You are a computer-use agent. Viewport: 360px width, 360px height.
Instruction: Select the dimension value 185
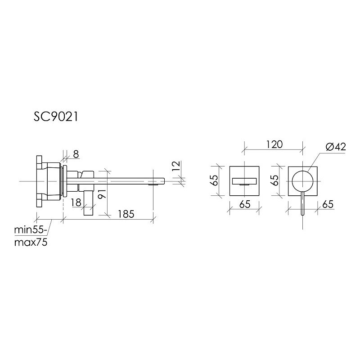coord(126,214)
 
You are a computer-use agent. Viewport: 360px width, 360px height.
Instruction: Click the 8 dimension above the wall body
coord(75,154)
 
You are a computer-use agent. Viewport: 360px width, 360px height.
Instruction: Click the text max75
coord(31,242)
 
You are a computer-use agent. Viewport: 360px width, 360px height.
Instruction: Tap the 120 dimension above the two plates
coord(273,144)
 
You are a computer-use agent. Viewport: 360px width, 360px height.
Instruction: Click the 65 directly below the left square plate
coord(244,204)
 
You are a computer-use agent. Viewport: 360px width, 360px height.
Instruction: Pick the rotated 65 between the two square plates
coord(273,180)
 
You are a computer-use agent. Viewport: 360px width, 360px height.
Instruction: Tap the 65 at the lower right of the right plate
coord(328,204)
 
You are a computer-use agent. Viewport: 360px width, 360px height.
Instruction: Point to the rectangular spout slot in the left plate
coord(244,181)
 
